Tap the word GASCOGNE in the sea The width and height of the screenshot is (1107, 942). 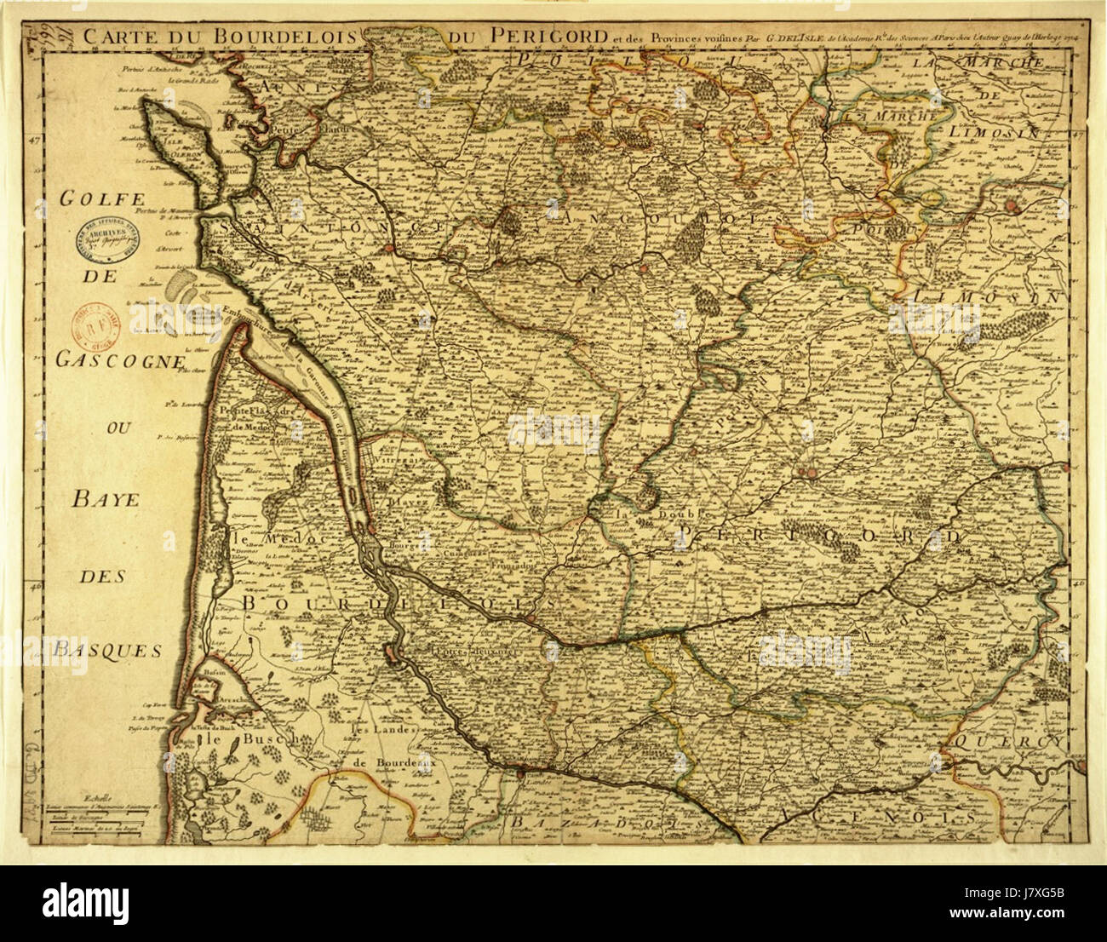tap(119, 360)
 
